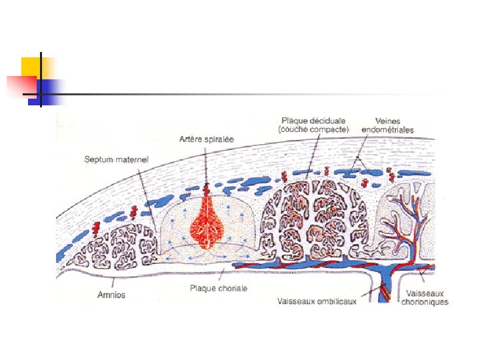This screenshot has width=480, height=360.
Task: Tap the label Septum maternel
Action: point(117,160)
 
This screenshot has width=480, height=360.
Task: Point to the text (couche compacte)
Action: point(313,130)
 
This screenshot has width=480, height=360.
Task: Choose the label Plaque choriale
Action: point(218,289)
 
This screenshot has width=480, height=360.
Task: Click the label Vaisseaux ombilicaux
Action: point(317,301)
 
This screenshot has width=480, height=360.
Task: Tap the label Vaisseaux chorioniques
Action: point(425,297)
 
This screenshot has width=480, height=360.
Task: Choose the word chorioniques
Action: point(425,302)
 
